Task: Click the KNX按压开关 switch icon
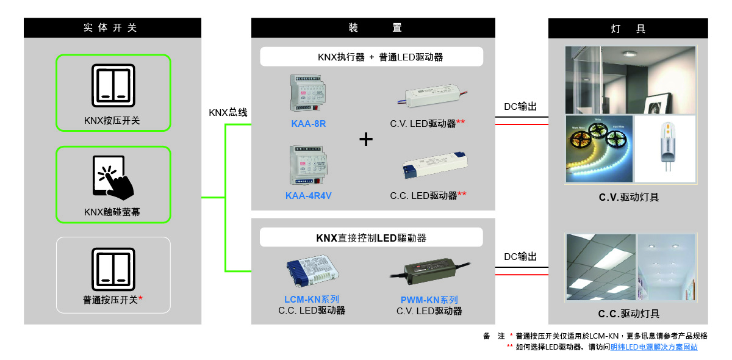coord(113,84)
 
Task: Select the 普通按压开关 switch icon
coord(113,269)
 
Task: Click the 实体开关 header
coord(112,28)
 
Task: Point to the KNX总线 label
coord(228,112)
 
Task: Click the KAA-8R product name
coord(309,123)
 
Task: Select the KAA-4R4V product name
coord(309,196)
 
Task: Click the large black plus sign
coord(365,140)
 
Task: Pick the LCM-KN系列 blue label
coord(312,300)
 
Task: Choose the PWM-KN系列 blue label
coord(429,300)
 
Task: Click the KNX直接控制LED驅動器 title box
coord(371,237)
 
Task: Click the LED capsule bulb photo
coord(665,148)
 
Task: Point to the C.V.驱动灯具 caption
coord(628,197)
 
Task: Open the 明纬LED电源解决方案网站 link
coord(654,347)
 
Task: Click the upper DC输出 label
coord(520,107)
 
